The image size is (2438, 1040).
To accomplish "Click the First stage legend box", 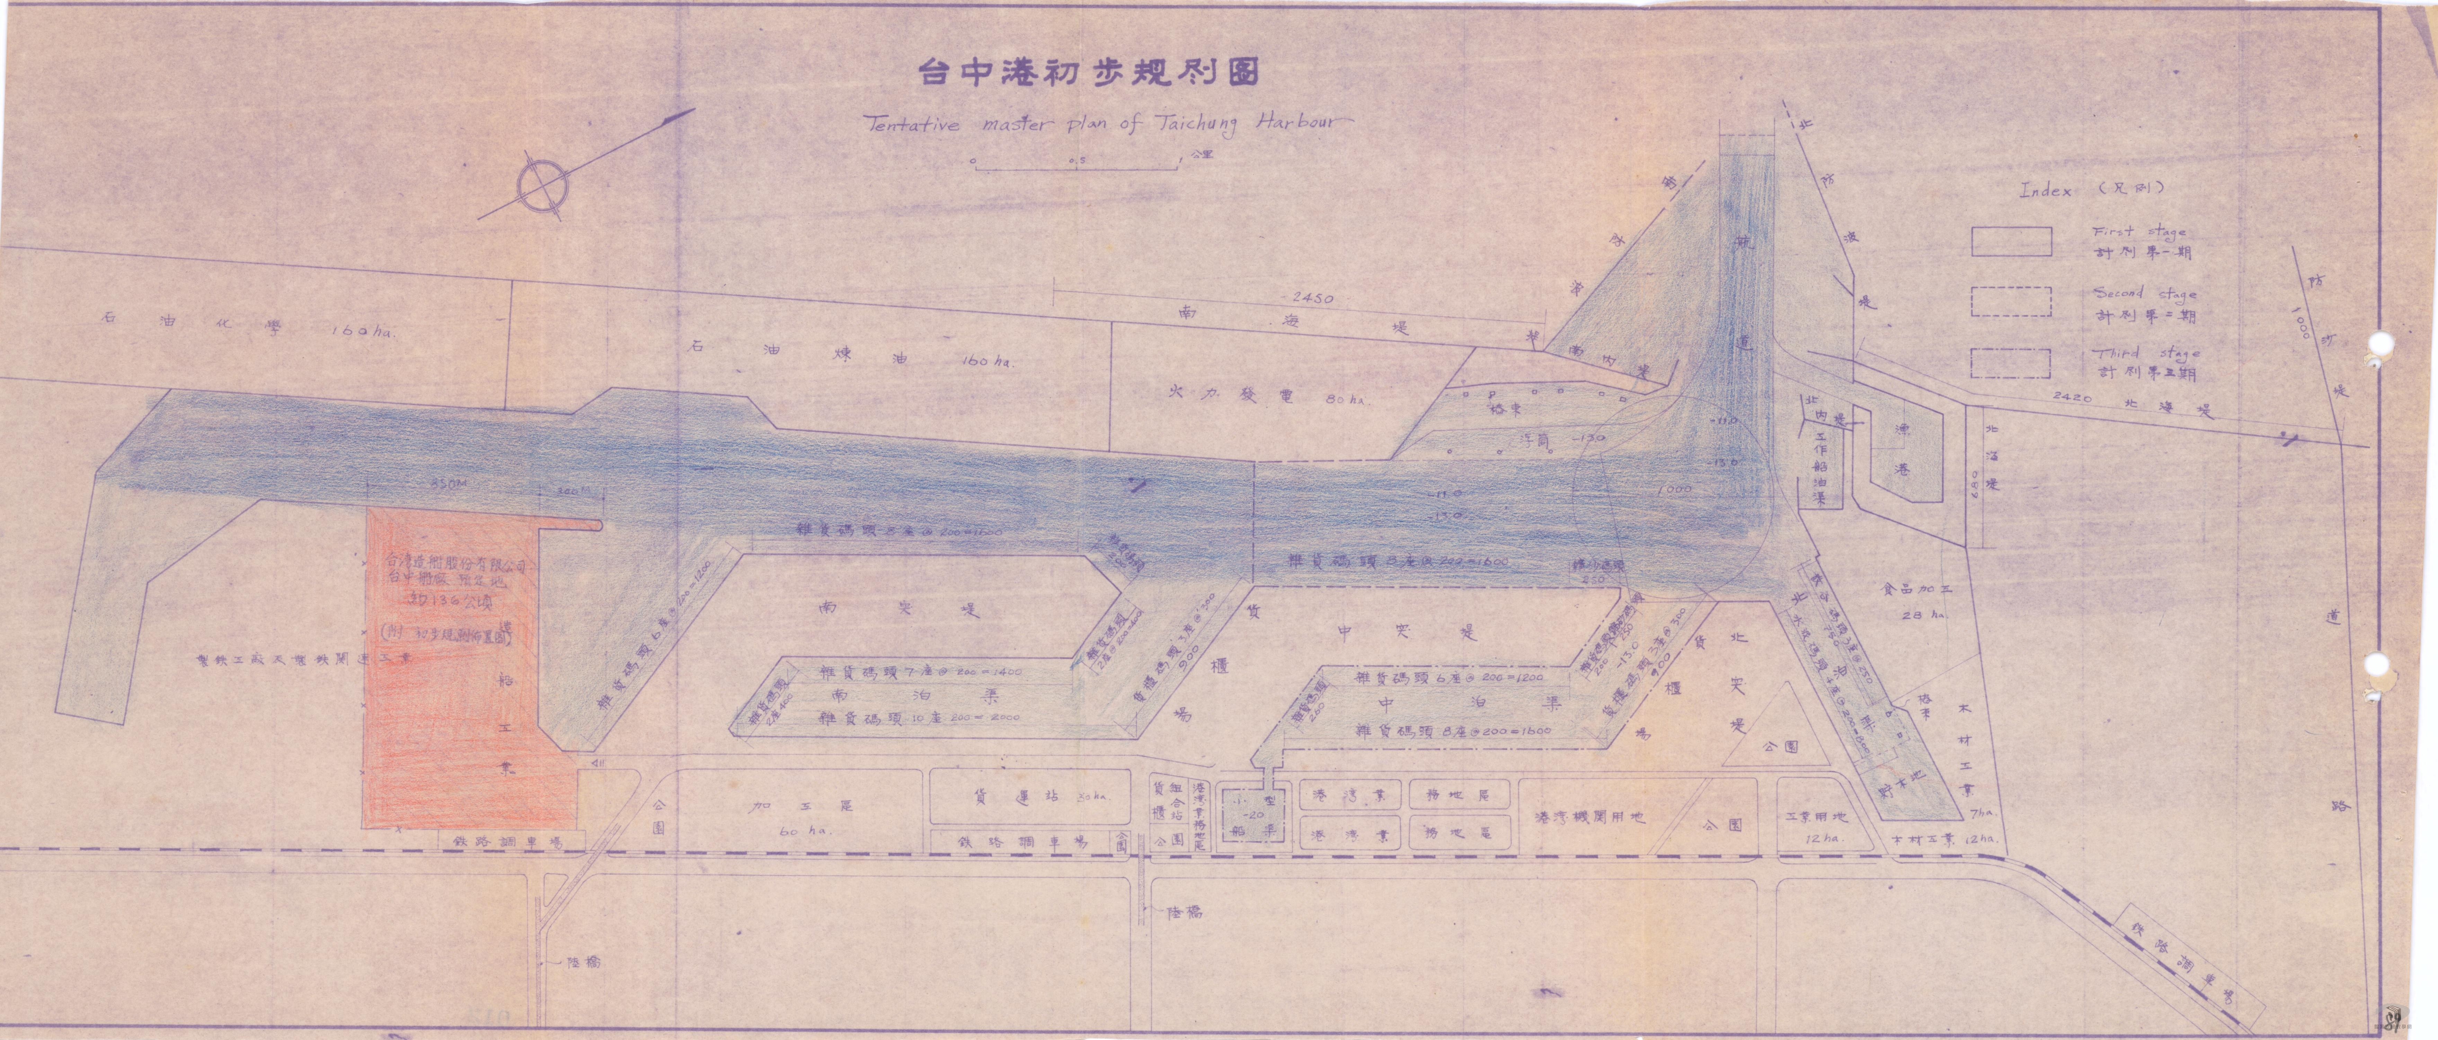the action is click(x=2011, y=241).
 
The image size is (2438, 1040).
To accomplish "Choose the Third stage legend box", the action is click(x=2011, y=363).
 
